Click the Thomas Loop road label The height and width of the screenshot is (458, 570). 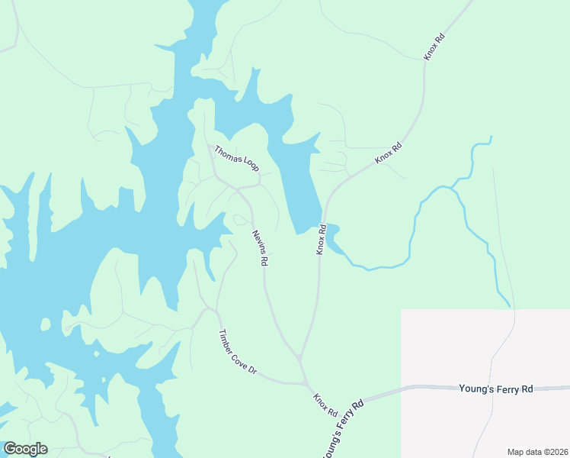point(236,158)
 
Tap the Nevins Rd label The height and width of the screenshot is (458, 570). point(260,248)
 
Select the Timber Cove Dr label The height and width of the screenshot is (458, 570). point(239,353)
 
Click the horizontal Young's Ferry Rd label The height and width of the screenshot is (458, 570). point(495,389)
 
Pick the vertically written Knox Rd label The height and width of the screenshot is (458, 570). point(322,239)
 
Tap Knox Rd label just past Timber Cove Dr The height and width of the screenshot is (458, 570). point(325,405)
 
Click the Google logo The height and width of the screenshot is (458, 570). point(25,448)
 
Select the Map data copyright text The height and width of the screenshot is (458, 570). point(537,451)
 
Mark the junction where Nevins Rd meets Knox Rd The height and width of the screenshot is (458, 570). point(300,357)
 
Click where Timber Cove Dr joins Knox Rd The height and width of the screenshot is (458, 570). point(306,383)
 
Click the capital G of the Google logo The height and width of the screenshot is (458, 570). point(10,448)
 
